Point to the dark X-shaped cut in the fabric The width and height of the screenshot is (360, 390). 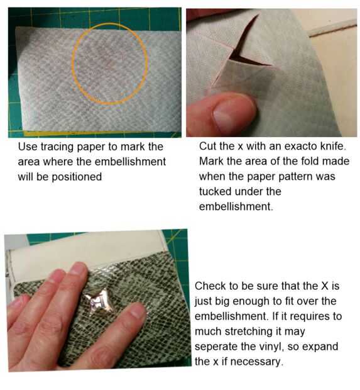point(246,47)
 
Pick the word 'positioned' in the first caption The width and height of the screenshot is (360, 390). point(77,177)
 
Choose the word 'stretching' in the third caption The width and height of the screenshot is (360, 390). point(259,331)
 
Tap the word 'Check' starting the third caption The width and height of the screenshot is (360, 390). point(210,286)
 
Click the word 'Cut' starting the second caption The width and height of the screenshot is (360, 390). point(208,146)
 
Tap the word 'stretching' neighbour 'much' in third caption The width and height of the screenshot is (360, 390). point(259,331)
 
